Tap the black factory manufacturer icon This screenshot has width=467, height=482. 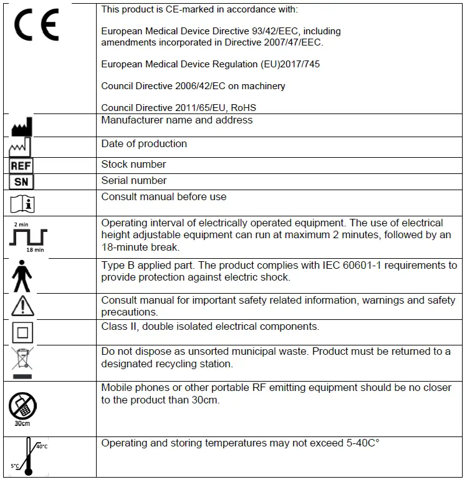click(x=22, y=127)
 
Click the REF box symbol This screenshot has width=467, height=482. click(x=22, y=166)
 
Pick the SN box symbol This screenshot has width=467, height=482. click(x=22, y=182)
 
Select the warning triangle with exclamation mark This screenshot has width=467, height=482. click(x=22, y=307)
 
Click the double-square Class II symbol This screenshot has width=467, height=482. click(x=22, y=331)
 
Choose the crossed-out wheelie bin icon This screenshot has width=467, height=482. click(x=22, y=362)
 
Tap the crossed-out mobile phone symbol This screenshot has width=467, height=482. click(x=22, y=407)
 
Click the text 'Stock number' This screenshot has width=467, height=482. click(x=133, y=165)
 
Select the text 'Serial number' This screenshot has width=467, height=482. click(x=134, y=181)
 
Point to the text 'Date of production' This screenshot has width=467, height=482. click(x=144, y=144)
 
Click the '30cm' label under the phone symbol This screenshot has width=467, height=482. click(x=22, y=423)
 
